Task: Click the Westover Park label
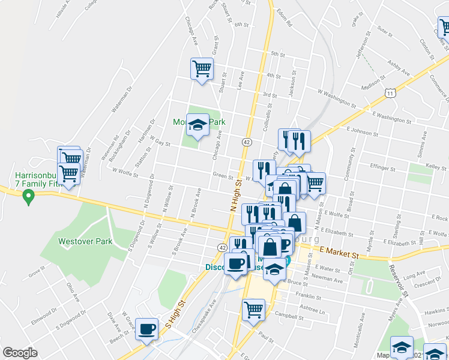pos(85,241)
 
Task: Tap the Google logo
pos(20,353)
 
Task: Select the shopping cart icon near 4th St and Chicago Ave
pos(202,68)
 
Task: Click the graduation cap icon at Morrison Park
pos(197,125)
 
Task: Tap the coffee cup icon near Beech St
pos(147,329)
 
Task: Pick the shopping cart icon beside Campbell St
pos(253,310)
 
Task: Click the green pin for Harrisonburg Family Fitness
pos(27,196)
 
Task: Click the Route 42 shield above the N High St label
pos(247,142)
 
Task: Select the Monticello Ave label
pos(362,326)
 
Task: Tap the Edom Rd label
pos(283,18)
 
